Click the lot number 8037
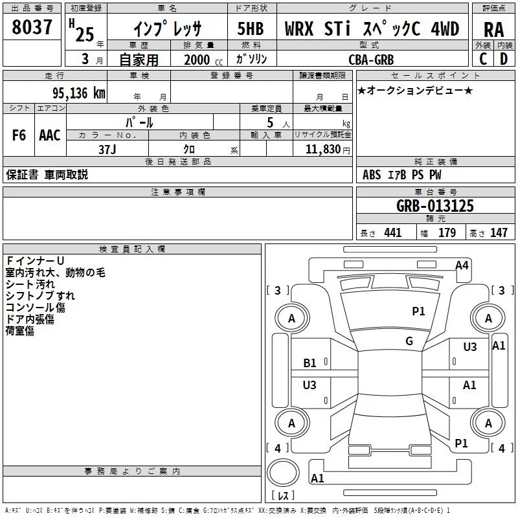[x=32, y=29]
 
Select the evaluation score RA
[x=493, y=29]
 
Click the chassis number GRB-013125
[x=434, y=207]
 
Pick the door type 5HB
[x=250, y=29]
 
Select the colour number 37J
[x=107, y=149]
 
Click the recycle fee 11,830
[x=322, y=149]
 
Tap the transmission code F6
[x=19, y=135]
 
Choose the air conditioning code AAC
[x=49, y=135]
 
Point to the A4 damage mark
[x=462, y=265]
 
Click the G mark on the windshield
[x=409, y=341]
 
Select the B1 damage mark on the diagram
[x=310, y=363]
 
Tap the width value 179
[x=447, y=233]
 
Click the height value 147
[x=499, y=233]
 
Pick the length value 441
[x=392, y=233]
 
